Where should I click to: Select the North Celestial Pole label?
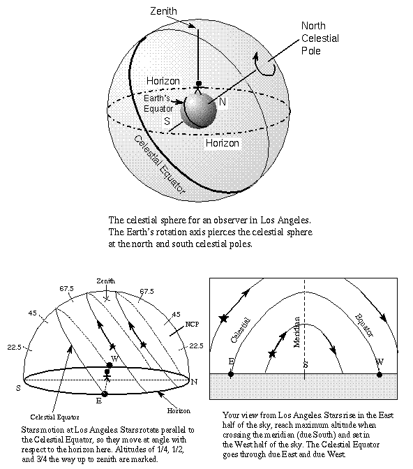[320, 38]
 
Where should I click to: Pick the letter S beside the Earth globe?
[167, 121]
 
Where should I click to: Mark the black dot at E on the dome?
[105, 394]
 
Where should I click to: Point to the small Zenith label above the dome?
[105, 281]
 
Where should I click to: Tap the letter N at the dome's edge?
[194, 382]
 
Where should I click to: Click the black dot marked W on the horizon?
[380, 374]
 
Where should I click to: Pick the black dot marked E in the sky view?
[231, 374]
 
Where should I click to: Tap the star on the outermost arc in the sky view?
[224, 318]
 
